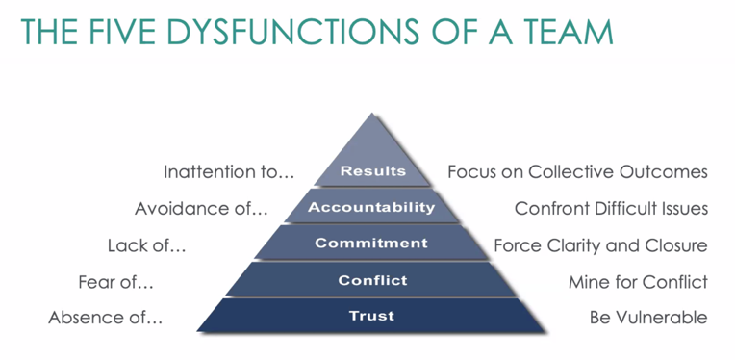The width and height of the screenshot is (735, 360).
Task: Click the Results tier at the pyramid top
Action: tap(372, 171)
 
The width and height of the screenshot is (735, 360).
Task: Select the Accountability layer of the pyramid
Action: tap(372, 207)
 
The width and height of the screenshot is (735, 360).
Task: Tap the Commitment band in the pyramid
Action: tap(371, 243)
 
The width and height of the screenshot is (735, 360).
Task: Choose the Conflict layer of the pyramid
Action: tap(372, 280)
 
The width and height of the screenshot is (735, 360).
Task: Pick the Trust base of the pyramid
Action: tap(371, 316)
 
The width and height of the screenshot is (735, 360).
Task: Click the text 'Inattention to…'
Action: tap(228, 172)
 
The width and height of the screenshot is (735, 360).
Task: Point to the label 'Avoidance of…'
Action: tap(201, 208)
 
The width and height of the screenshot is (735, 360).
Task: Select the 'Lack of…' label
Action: tap(146, 244)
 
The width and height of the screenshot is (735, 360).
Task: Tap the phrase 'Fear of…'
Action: tap(115, 281)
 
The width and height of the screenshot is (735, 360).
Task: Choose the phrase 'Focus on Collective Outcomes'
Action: tap(577, 172)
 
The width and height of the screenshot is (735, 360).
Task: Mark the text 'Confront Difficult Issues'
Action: tap(611, 208)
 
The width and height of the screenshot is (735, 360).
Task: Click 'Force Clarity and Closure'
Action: tap(600, 244)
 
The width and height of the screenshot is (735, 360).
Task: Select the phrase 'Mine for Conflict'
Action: tap(638, 281)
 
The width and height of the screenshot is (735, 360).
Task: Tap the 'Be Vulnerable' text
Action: tap(648, 317)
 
